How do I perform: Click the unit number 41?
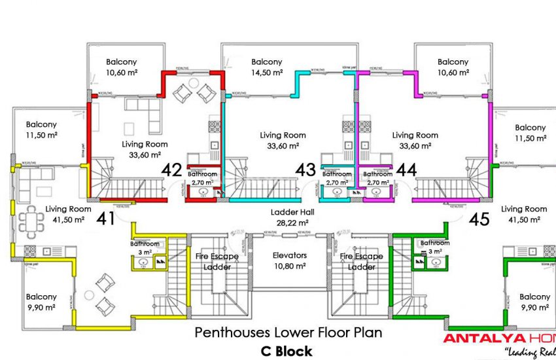(105, 218)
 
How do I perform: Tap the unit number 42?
(171, 170)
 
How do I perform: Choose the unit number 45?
(479, 219)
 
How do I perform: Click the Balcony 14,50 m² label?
(267, 67)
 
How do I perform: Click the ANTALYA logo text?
(476, 338)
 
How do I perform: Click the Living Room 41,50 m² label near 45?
(523, 214)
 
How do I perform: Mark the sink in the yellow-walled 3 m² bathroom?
(143, 262)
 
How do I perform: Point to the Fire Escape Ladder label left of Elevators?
(217, 262)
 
